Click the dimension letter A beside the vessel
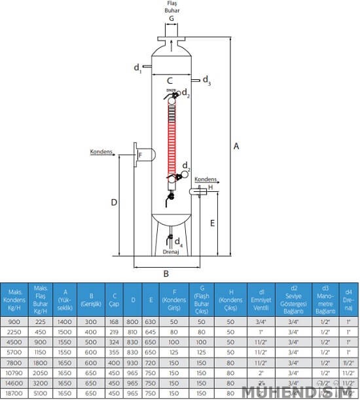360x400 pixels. [236, 147]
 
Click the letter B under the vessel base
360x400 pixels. [166, 274]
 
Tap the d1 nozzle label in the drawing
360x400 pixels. [138, 67]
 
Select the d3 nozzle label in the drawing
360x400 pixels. [206, 81]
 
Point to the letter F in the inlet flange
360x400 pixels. [139, 155]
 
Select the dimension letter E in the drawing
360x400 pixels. [213, 223]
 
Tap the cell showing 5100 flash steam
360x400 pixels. [41, 393]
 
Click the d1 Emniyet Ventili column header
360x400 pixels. [262, 300]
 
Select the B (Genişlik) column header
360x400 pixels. [90, 300]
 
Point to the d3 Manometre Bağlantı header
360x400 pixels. [325, 300]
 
